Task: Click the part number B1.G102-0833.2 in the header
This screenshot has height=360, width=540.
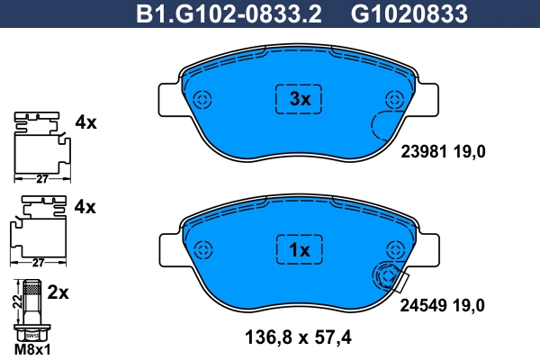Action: [229, 13]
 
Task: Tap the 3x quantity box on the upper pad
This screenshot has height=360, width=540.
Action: [298, 100]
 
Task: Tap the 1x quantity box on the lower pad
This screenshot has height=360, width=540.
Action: [298, 249]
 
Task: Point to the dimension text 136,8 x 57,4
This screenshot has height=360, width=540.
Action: [297, 338]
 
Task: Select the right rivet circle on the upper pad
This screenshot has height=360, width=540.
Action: [392, 100]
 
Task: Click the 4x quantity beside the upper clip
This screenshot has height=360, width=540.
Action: [85, 121]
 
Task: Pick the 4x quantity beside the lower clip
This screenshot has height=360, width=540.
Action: [85, 207]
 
